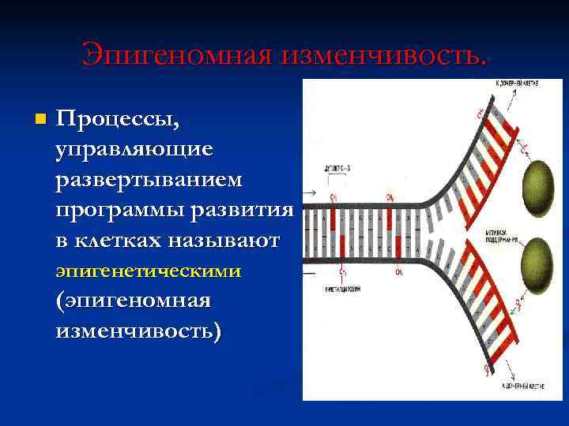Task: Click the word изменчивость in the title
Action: click(x=376, y=54)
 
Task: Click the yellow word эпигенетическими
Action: click(x=149, y=271)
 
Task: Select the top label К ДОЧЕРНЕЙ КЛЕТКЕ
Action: click(x=518, y=83)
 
